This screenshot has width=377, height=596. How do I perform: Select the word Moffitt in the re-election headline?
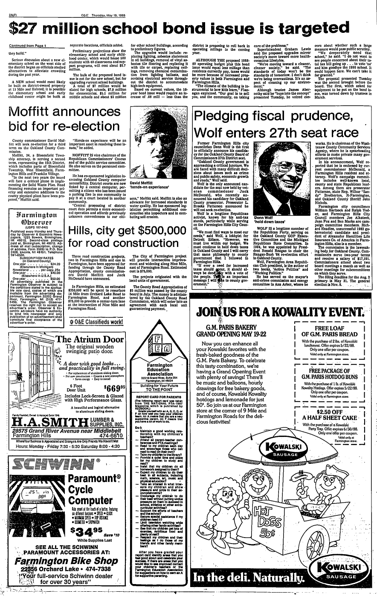click(x=39, y=112)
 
